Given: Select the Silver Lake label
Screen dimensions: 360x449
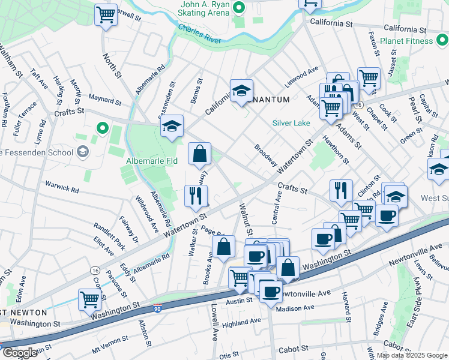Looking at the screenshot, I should (291, 123).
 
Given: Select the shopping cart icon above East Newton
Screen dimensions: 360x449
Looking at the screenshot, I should (89, 298).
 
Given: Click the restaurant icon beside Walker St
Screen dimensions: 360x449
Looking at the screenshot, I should (196, 195).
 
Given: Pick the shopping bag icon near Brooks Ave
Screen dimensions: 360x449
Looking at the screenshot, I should (224, 246).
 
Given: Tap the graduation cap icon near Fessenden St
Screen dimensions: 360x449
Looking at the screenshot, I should (172, 126).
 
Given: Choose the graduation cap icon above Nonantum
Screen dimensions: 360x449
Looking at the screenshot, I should (241, 91).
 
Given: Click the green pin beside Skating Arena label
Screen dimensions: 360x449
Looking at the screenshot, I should (239, 8).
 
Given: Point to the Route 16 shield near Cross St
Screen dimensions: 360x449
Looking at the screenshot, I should (95, 271).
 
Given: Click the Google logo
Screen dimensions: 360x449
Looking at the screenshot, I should (19, 352).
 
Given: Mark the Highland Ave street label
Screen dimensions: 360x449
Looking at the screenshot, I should (241, 322).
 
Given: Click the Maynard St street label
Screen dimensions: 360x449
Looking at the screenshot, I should (104, 96).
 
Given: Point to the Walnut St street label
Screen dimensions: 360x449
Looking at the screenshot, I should (247, 220).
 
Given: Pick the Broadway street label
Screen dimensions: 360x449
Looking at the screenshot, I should (265, 155).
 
